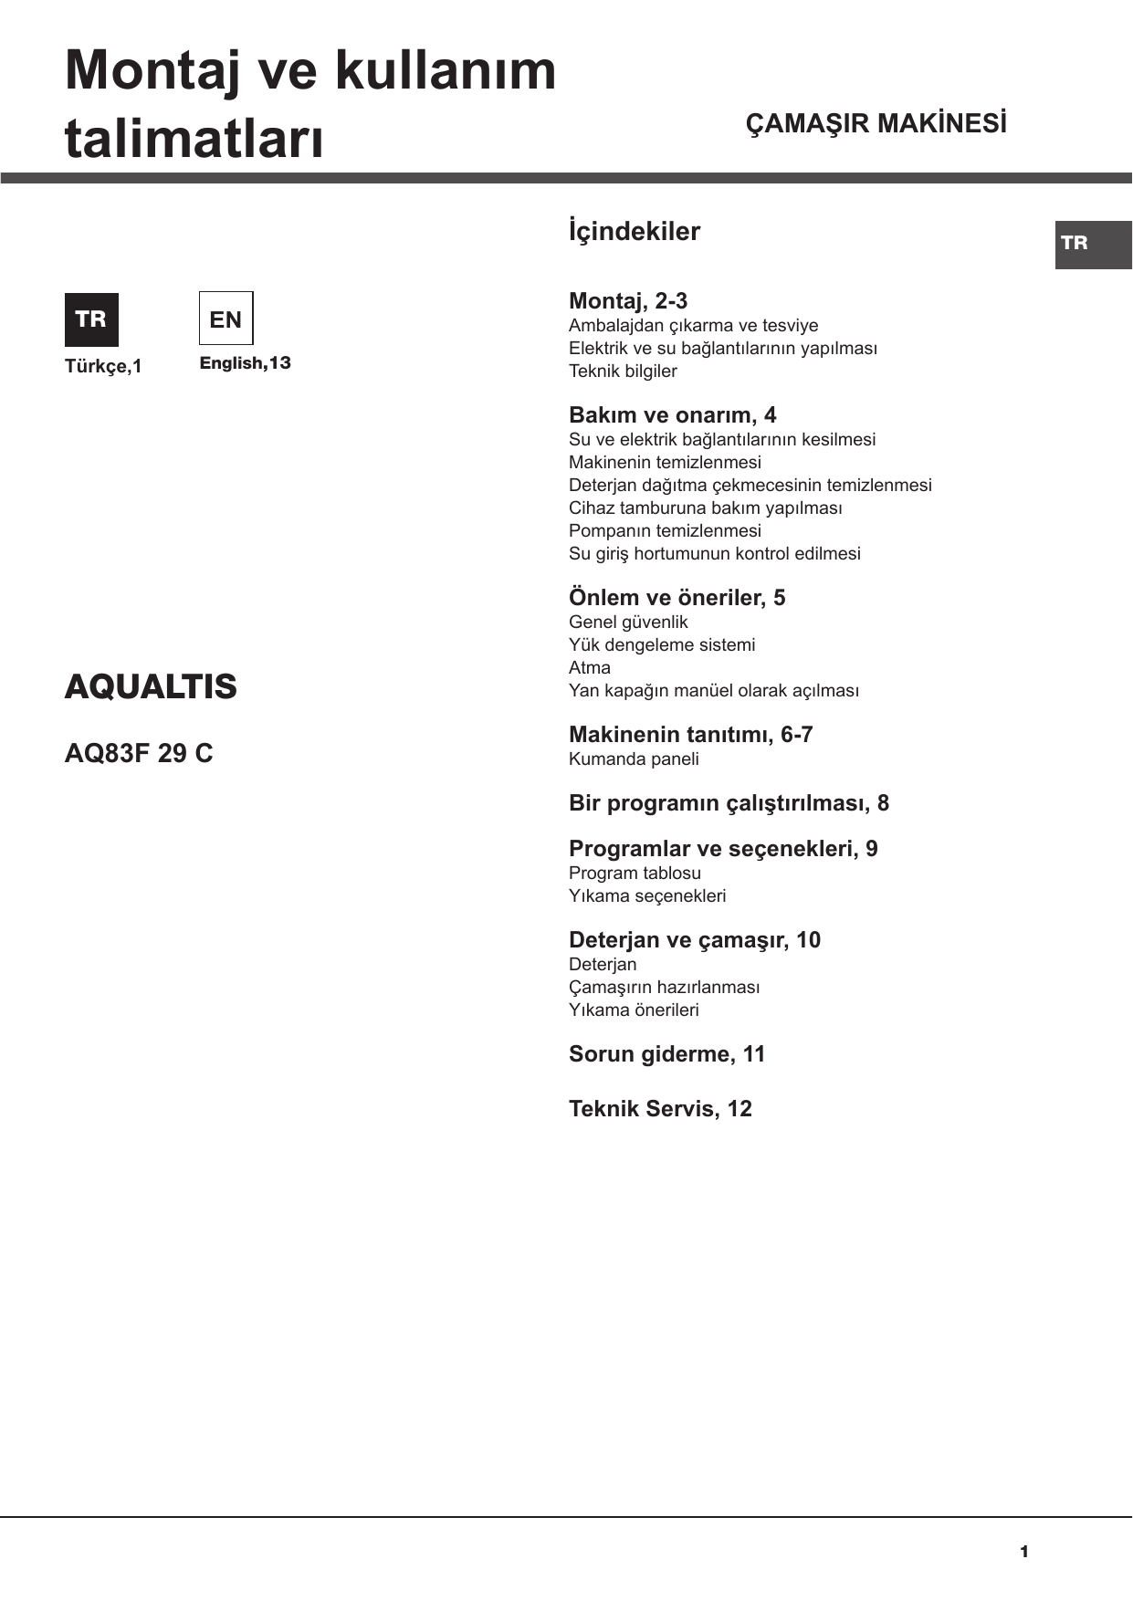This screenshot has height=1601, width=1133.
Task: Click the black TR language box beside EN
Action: [x=91, y=319]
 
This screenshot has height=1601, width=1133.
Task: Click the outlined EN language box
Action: [x=226, y=319]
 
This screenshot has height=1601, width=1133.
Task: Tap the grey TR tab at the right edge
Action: [x=1093, y=244]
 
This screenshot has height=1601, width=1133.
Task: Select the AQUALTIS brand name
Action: [x=151, y=686]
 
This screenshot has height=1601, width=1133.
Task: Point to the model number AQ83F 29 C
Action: [x=139, y=753]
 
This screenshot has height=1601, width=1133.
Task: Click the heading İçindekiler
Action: [x=635, y=232]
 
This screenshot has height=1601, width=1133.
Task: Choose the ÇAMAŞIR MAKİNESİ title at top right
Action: [x=876, y=124]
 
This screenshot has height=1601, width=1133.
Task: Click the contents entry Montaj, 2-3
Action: [x=628, y=301]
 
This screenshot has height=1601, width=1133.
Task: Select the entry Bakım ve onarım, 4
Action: [x=672, y=415]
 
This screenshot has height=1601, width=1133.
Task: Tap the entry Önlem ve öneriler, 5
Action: [x=677, y=598]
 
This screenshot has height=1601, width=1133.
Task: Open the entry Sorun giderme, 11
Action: [x=666, y=1054]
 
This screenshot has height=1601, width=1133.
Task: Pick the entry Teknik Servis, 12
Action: [x=660, y=1109]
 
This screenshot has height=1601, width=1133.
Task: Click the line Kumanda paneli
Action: [x=634, y=759]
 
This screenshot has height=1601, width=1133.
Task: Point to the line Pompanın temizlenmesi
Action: [x=665, y=530]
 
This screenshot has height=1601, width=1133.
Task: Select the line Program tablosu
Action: [x=635, y=873]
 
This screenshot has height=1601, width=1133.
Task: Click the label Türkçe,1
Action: [x=103, y=366]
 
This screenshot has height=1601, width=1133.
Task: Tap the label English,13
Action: [x=245, y=363]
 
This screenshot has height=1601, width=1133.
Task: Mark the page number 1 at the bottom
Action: [x=1024, y=1552]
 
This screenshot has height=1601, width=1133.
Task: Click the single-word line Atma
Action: [x=590, y=667]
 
